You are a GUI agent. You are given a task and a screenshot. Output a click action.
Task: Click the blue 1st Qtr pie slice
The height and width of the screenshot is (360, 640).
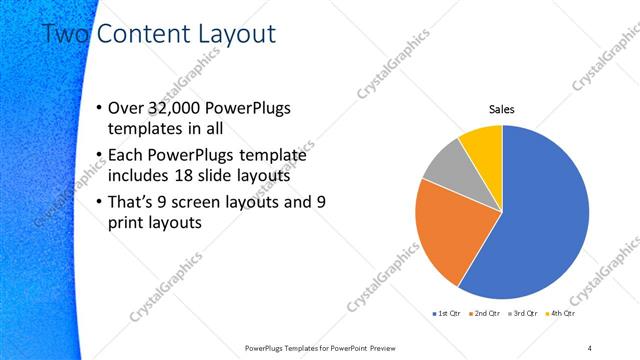[x=540, y=220]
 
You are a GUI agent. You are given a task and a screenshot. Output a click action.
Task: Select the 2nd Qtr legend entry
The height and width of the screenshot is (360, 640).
[x=484, y=314]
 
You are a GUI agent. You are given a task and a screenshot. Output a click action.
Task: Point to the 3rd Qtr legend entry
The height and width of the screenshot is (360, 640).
[x=523, y=314]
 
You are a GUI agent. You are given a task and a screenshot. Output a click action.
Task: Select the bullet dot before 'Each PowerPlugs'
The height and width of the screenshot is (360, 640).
[x=97, y=155]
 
